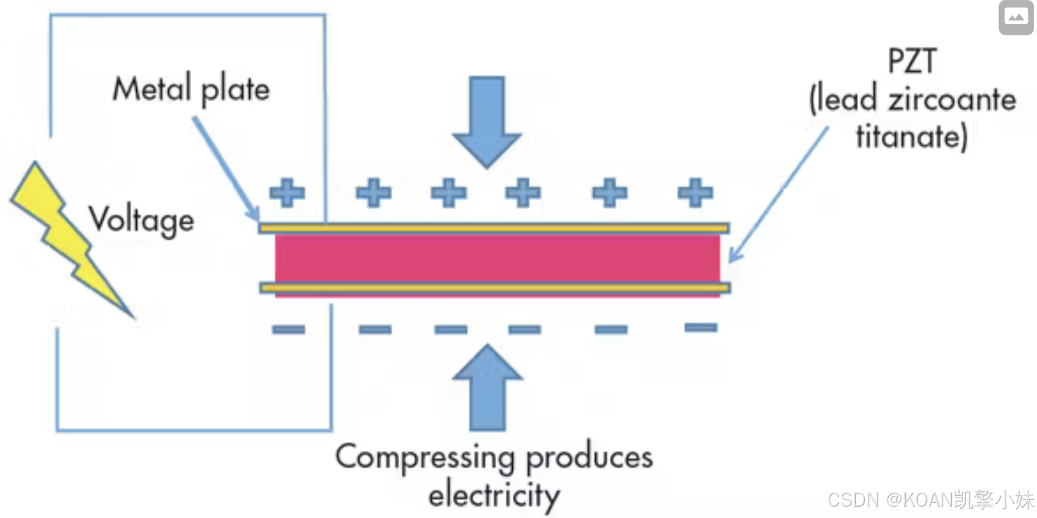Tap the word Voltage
(141, 220)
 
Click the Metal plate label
(191, 89)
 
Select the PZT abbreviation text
(911, 61)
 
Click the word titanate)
(911, 137)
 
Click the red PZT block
(497, 258)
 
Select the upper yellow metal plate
(494, 228)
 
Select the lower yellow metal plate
(494, 288)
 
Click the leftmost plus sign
(287, 193)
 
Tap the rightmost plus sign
(695, 193)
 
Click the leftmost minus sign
(288, 329)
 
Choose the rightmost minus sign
(701, 327)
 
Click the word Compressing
(425, 458)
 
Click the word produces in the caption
(589, 458)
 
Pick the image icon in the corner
(1016, 18)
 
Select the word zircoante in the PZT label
(952, 100)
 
